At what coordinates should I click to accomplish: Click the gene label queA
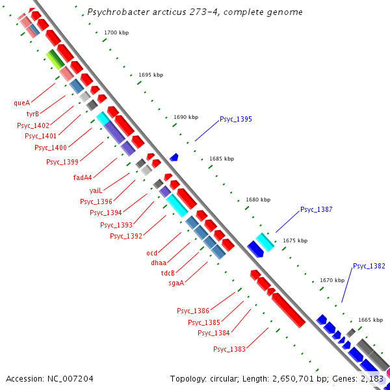pos(21,103)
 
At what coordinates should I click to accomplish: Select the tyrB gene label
pos(32,114)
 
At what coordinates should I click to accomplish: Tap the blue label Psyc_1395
pos(235,119)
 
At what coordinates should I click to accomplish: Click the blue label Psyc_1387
pos(316,210)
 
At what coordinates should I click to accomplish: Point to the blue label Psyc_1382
pos(369,266)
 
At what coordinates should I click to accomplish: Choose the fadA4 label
pos(83,177)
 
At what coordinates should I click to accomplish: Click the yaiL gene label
pos(96,190)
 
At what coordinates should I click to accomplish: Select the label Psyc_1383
pos(229,350)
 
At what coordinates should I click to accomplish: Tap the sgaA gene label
pos(176,283)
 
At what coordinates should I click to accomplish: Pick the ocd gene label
pos(151,253)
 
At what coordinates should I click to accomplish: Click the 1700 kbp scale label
pos(116,32)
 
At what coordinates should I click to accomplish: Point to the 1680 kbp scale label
pos(257,200)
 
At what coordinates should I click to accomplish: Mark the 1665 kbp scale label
pos(370,320)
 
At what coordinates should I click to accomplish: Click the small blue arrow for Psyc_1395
pos(174,157)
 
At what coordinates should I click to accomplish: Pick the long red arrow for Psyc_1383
pos(288,310)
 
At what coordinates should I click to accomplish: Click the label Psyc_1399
pos(62,162)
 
